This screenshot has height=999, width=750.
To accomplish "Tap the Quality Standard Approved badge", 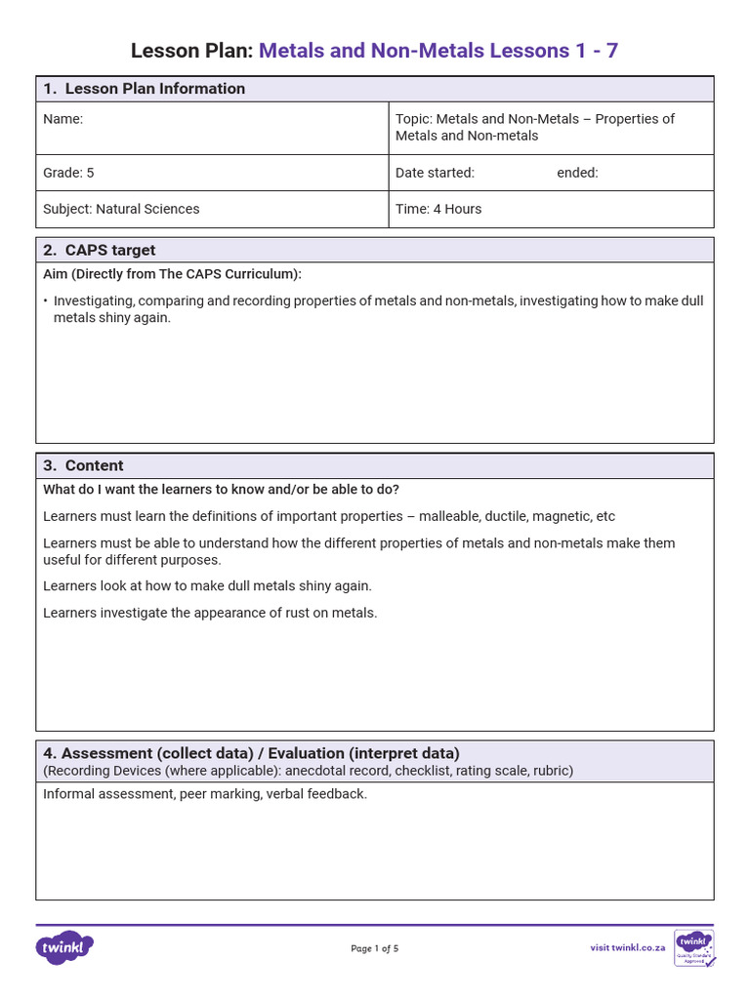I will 694,947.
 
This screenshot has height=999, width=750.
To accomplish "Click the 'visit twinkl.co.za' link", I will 627,947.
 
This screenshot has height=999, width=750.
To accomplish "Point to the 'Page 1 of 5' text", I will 375,948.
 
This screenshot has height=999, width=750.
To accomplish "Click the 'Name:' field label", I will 63,119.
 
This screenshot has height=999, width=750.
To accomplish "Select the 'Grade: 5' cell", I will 68,173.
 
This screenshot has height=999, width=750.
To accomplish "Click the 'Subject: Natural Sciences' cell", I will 121,209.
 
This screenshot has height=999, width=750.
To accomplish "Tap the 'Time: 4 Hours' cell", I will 438,209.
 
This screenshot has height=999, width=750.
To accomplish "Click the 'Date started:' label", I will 435,173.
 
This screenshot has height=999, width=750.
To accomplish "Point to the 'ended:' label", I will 577,173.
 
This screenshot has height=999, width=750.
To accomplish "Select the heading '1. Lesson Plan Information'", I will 144,89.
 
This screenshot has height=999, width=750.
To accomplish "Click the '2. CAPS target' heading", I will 100,250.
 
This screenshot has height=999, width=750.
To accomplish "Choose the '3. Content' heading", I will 83,465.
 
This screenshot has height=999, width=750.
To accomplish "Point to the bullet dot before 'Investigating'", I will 46,301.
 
